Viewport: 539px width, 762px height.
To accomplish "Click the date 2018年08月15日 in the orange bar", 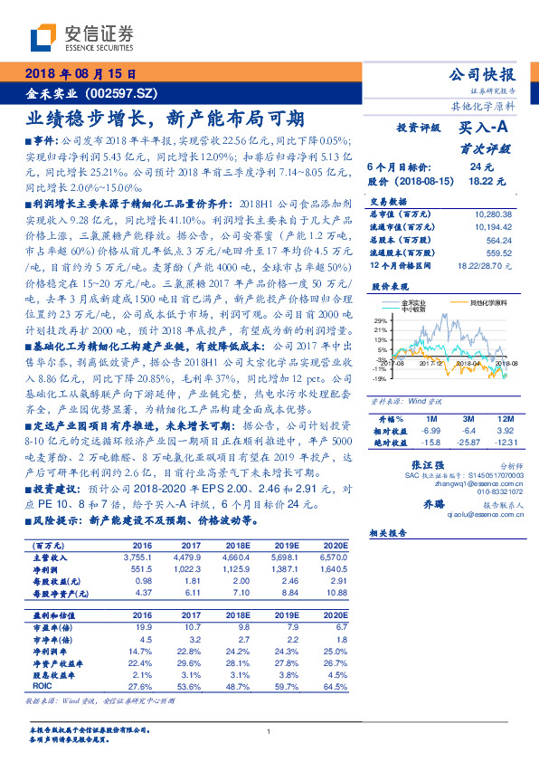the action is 80,75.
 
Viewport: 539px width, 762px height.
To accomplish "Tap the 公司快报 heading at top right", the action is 487,75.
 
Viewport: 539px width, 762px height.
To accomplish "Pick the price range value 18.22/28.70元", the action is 485,265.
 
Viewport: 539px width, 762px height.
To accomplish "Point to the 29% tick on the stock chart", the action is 379,319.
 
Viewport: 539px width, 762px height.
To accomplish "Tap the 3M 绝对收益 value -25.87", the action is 468,442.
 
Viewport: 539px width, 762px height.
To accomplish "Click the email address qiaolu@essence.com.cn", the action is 449,513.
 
